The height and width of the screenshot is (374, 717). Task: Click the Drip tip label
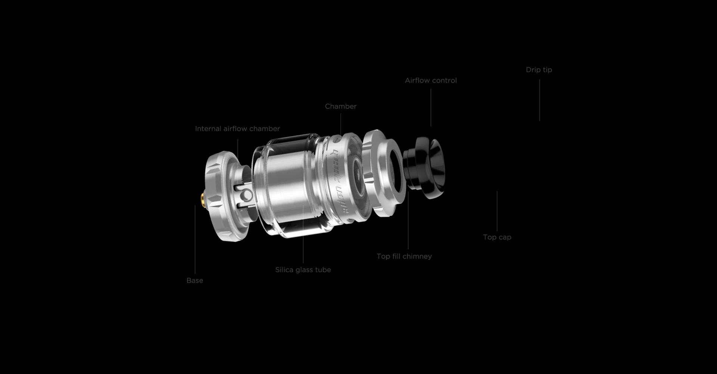click(x=539, y=70)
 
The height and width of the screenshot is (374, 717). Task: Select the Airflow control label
click(x=431, y=80)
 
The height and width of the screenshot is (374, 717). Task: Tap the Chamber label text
click(x=341, y=106)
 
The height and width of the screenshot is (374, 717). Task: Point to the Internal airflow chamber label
click(x=238, y=129)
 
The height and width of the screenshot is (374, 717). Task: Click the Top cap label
click(x=497, y=237)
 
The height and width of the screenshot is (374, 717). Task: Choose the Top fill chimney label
click(x=404, y=256)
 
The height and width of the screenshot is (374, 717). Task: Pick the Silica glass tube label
click(x=303, y=270)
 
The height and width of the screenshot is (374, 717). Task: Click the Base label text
click(x=195, y=280)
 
